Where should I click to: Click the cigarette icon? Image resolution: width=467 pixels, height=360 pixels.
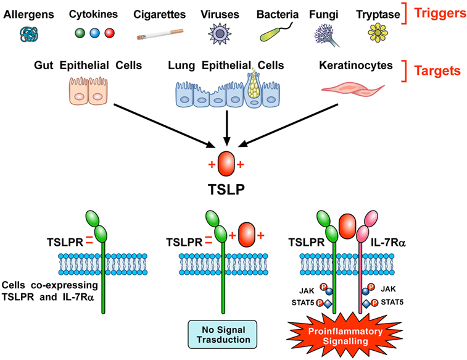160,35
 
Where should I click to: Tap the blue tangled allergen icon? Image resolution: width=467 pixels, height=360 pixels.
29,34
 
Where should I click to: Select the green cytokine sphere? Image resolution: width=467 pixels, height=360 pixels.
80,33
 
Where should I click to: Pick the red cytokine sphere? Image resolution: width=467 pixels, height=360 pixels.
110,33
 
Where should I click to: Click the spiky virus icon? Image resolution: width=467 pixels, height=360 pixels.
220,34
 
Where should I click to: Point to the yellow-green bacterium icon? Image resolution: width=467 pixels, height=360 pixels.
276,33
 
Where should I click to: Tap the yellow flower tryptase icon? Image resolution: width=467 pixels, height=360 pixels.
378,33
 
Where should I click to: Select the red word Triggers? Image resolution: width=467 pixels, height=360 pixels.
440,13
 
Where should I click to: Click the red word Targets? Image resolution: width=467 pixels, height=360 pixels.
437,71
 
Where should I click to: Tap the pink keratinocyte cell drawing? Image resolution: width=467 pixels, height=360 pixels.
353,90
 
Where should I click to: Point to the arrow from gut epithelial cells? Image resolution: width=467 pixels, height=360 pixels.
164,125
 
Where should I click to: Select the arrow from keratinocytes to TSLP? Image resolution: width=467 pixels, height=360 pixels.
288,125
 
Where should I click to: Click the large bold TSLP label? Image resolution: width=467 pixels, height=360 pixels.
226,189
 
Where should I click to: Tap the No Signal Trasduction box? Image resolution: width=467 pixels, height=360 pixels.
223,334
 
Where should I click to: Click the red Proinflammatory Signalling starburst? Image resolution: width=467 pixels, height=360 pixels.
345,335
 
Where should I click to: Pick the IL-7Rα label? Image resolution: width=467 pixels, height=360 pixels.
389,243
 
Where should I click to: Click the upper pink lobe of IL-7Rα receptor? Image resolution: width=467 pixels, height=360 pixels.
371,219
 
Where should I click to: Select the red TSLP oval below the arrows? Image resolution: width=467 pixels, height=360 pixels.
226,164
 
